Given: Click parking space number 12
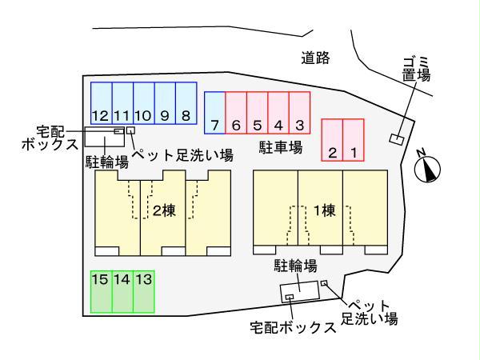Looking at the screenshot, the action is pos(102,103).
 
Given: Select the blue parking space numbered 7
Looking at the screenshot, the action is pos(215,113).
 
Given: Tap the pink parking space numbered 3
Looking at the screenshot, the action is pos(300,113).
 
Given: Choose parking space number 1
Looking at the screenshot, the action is pos(354,140).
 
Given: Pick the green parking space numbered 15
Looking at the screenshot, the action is pos(102,292).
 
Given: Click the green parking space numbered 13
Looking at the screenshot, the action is pos(144,292).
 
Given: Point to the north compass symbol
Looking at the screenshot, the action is pos(427,168).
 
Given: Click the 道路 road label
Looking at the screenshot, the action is pos(315,58).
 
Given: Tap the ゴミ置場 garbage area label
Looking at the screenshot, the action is pos(416,70).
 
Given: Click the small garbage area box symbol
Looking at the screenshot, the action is pos(397,139).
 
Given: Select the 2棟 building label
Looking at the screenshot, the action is pos(164,210).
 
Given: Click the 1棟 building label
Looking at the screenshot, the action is pos(325,210).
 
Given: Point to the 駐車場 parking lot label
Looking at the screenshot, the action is pos(281,147).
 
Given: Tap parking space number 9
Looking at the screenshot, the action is pos(165,103).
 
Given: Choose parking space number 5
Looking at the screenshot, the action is pos(258,113).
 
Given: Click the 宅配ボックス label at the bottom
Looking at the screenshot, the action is pos(293,327).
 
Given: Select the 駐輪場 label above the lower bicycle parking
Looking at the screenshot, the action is pos(295,266).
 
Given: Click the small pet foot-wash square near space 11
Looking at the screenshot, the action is pos(130,130).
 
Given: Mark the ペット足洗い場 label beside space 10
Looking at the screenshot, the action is pos(182,155).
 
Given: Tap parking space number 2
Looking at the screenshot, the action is pos(332,140).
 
